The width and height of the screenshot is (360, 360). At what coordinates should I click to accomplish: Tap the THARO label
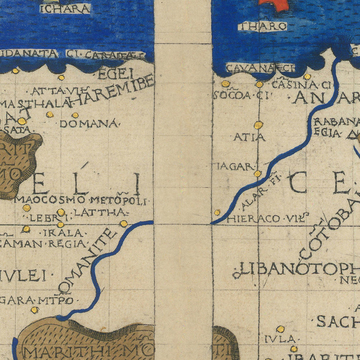[262, 26]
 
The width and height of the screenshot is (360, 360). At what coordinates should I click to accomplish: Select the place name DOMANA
[89, 124]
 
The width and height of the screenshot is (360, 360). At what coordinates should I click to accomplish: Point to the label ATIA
[249, 137]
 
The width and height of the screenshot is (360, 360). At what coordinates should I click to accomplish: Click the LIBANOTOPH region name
[296, 269]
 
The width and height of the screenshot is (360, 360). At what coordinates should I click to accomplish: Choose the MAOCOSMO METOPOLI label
[82, 200]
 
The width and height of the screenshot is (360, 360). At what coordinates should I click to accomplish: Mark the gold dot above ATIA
[258, 125]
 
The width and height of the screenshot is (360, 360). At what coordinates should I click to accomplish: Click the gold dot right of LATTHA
[124, 224]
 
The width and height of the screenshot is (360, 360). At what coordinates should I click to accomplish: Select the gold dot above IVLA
[280, 329]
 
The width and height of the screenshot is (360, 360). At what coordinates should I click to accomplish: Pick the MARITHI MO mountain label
[88, 352]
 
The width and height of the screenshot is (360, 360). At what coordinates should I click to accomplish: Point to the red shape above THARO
[274, 4]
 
